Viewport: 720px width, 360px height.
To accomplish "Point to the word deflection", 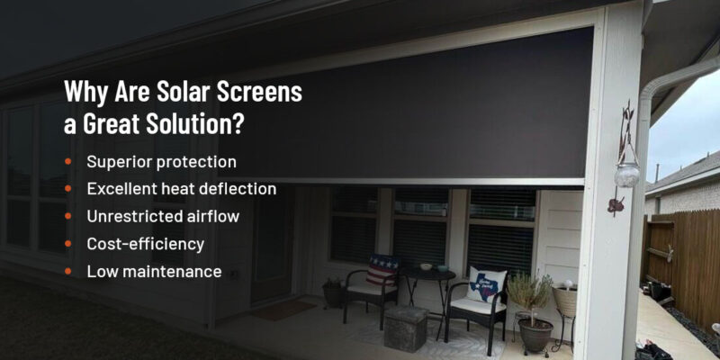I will click(237, 189).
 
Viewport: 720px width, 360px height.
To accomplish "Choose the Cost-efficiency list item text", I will click(145, 243).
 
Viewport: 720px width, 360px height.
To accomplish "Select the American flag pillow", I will click(382, 269).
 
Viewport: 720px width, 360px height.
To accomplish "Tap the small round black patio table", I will click(427, 274).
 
